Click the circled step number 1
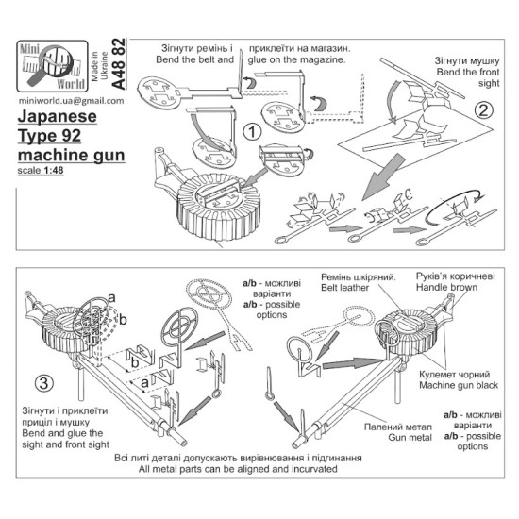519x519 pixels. pyautogui.click(x=251, y=131)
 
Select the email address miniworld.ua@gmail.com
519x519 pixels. pyautogui.click(x=64, y=101)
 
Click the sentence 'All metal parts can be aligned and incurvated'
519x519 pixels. pyautogui.click(x=259, y=469)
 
